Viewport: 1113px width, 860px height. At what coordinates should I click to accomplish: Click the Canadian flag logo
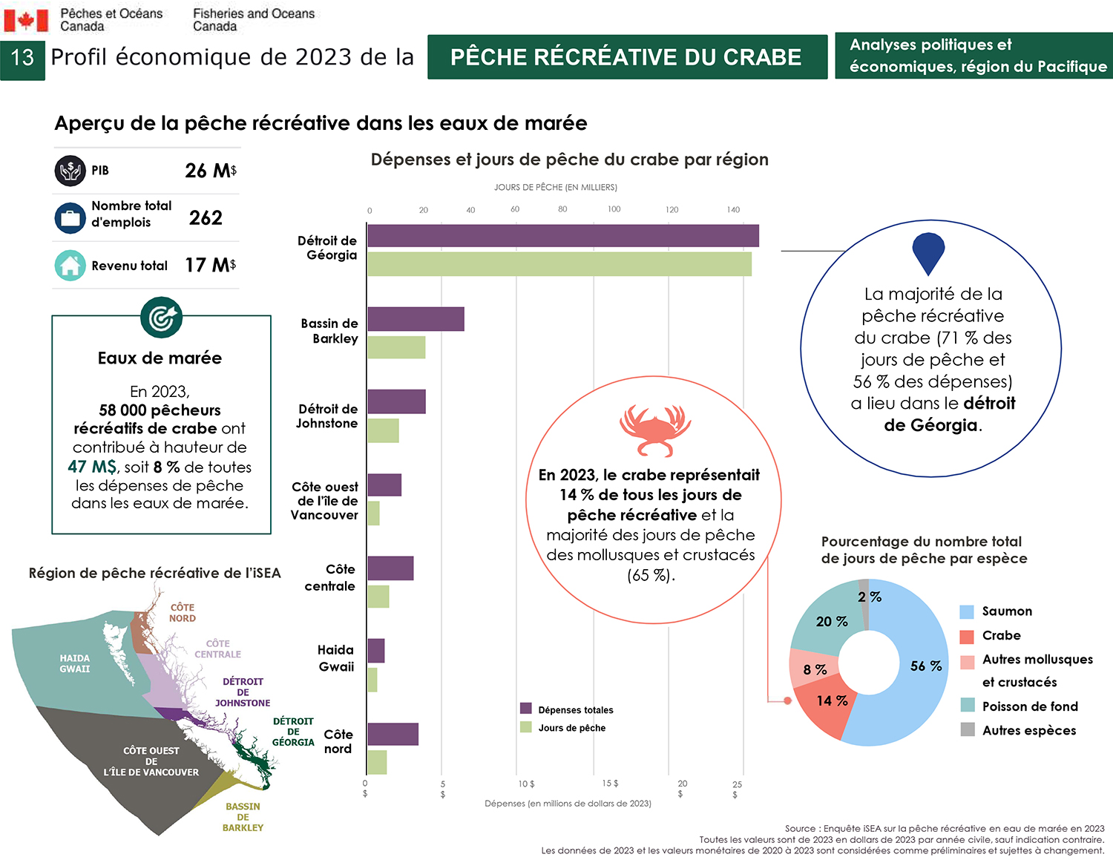[26, 20]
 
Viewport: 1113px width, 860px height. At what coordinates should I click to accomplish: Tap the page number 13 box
[22, 57]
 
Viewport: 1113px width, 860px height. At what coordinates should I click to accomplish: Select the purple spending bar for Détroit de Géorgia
[562, 235]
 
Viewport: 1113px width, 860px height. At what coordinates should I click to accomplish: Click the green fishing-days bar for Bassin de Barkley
[396, 347]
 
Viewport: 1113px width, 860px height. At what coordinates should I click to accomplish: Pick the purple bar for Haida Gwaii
[376, 651]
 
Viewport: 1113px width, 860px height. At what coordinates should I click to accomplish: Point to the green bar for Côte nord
[377, 762]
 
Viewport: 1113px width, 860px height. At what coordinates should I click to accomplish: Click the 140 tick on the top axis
[733, 210]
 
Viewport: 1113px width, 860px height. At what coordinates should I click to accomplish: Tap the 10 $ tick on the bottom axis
[526, 784]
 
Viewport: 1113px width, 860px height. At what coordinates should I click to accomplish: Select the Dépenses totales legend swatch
[526, 709]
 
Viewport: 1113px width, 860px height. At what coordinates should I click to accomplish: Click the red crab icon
[654, 430]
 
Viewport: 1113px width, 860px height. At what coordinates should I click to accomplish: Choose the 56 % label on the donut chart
[925, 666]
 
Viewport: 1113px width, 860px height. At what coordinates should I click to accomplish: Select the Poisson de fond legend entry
[1029, 706]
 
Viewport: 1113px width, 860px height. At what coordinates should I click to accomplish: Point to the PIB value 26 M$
[211, 171]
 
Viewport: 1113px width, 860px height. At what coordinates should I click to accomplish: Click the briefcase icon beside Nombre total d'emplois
[70, 218]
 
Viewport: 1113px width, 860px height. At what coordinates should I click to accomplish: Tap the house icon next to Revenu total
[70, 265]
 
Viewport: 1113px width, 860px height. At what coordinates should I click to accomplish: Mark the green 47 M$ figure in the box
[92, 467]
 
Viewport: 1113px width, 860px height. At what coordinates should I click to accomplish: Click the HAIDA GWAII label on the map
[74, 663]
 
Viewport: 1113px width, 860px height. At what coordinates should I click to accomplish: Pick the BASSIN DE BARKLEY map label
[243, 817]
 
